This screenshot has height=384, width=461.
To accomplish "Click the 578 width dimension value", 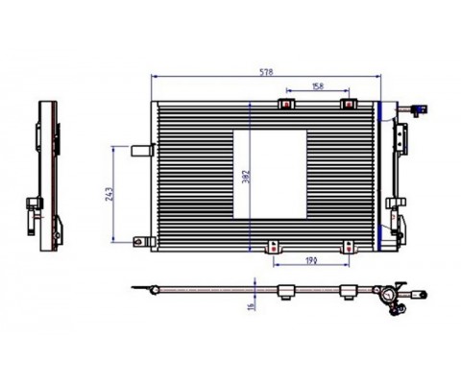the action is (x=266, y=72).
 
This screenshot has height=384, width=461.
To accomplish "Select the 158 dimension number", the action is (x=318, y=86).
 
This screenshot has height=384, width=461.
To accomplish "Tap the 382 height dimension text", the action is (x=246, y=177).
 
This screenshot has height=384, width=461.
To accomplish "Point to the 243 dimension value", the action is (x=109, y=194).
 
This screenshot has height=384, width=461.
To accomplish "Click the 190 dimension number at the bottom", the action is (x=311, y=261).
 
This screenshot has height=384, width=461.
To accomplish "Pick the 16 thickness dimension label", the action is (x=252, y=306).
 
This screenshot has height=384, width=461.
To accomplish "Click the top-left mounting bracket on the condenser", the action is (x=286, y=104).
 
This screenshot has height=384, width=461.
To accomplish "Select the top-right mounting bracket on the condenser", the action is (x=349, y=104).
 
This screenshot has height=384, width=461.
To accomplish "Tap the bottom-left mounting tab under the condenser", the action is (x=274, y=248).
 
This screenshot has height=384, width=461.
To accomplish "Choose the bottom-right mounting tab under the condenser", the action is (x=349, y=248).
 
